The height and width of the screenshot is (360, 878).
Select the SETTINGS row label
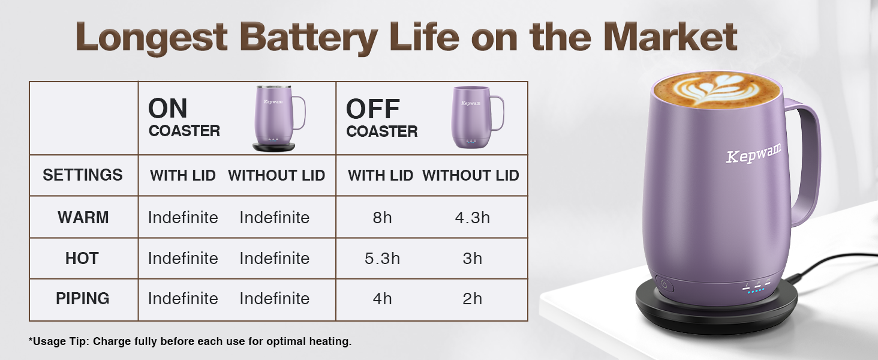point(83,175)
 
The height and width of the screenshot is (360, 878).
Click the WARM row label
point(83,217)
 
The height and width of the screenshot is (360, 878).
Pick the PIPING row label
point(83,298)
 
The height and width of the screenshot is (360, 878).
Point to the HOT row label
point(82,258)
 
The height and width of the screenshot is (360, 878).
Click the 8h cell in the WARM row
point(382,218)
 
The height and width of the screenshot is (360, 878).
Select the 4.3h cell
point(473,218)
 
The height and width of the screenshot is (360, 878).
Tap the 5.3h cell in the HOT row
point(382,259)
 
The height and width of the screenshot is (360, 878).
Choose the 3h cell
point(473,259)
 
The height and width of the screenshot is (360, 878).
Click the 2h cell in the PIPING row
point(473,299)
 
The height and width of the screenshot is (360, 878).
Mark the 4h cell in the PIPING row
point(382,299)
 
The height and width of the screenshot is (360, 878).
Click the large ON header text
point(168,108)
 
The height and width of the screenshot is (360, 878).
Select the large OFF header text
point(373,109)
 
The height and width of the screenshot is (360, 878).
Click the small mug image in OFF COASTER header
point(477,117)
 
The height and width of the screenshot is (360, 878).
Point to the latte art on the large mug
point(717,90)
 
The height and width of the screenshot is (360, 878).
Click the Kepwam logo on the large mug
point(753,152)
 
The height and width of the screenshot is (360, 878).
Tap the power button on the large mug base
point(663,284)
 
